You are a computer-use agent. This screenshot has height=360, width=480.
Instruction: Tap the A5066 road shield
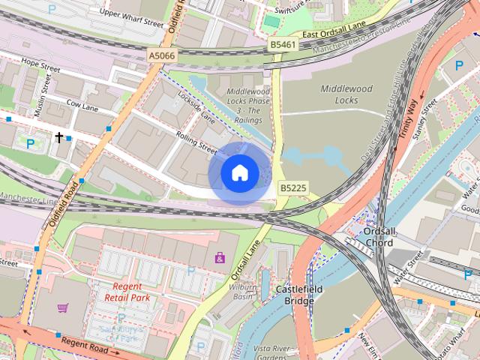click(x=162, y=55)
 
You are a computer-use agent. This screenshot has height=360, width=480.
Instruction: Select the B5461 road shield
click(x=282, y=46)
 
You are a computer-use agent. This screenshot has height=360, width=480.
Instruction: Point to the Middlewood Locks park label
click(x=346, y=94)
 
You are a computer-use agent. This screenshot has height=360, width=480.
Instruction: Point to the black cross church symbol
click(x=59, y=137)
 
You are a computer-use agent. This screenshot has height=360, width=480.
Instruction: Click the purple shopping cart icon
click(x=62, y=307)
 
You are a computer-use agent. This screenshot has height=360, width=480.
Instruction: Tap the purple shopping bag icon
click(x=220, y=258)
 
